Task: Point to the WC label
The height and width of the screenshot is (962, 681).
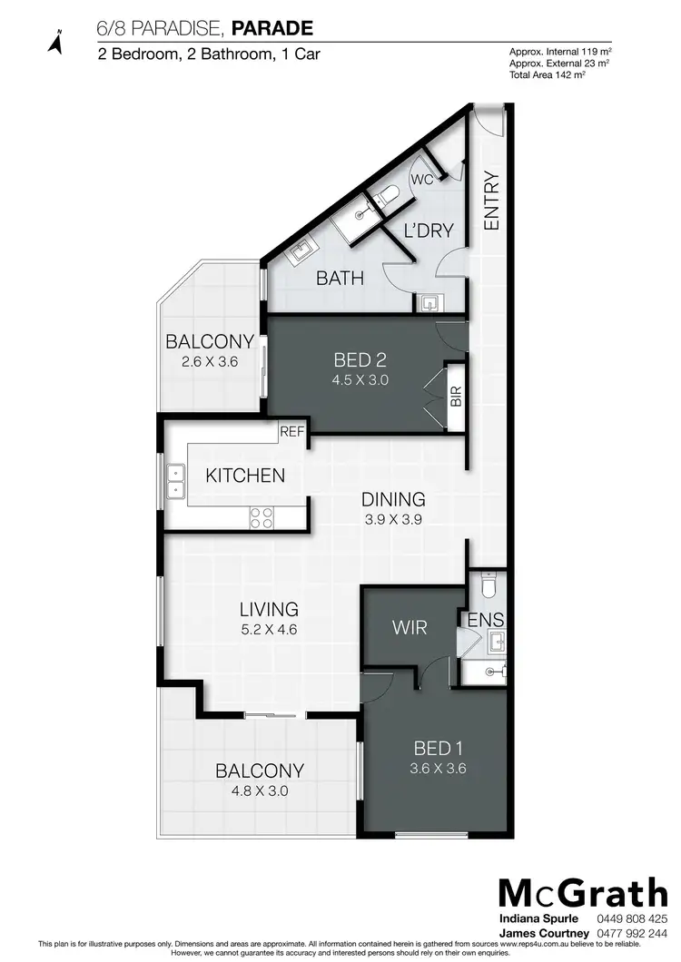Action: [x=422, y=180]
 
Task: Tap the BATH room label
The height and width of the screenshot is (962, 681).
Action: [x=340, y=278]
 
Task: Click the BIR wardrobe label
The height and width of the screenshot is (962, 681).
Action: [x=456, y=397]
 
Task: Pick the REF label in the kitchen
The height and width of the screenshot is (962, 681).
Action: [x=292, y=432]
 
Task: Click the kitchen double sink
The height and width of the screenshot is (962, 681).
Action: [x=175, y=483]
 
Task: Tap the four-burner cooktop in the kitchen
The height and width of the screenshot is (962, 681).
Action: [x=262, y=517]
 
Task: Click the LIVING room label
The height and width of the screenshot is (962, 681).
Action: [x=269, y=609]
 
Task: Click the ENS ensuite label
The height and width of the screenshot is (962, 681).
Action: [x=486, y=621]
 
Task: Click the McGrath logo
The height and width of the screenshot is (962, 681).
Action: [x=582, y=893]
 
